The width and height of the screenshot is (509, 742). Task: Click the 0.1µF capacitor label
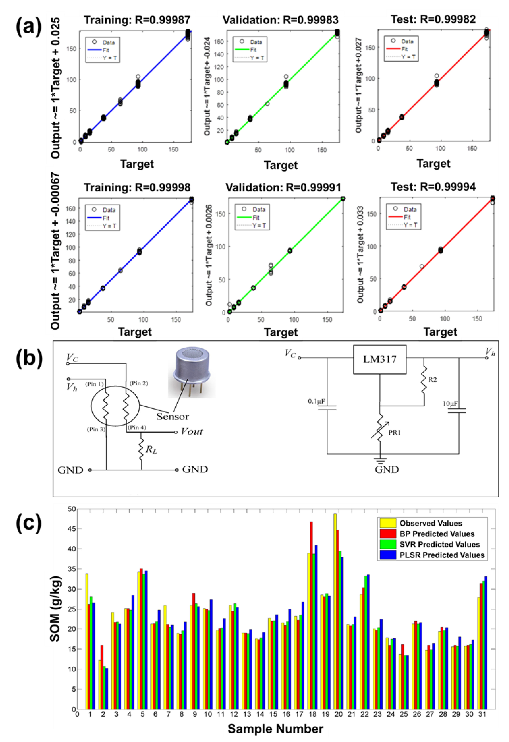click(x=316, y=401)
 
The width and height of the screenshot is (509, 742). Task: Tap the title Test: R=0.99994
click(x=433, y=187)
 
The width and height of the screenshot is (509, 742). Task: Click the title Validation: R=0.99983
click(x=280, y=20)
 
